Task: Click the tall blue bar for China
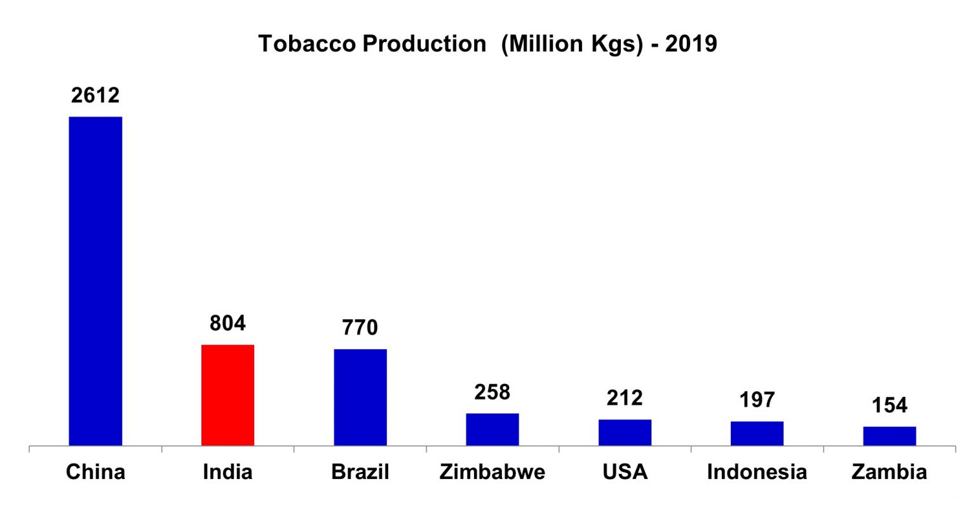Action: pos(95,280)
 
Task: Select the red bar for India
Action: pos(227,394)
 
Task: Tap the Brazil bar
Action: pos(360,397)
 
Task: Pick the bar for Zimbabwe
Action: pos(492,429)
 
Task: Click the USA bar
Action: pos(625,432)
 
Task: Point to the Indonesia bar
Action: pos(757,433)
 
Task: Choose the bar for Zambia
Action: pos(889,436)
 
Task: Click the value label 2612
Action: pos(95,95)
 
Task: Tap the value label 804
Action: pos(227,323)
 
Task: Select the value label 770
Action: pos(360,328)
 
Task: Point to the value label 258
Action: pos(492,392)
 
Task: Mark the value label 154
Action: pos(890,405)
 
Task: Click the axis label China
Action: pos(95,472)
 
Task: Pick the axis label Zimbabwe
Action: pos(492,472)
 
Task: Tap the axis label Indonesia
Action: pos(757,472)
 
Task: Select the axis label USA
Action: pos(625,472)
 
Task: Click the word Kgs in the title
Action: pos(615,44)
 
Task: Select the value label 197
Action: pos(757,399)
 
